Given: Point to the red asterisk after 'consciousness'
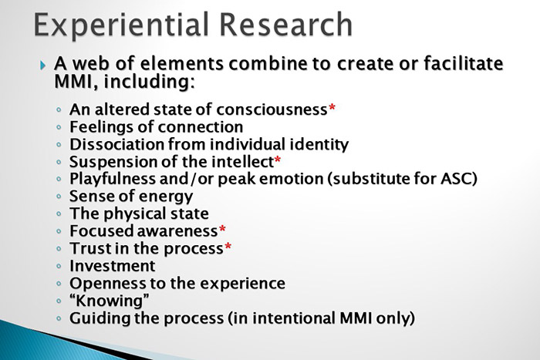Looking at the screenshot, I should (x=332, y=109).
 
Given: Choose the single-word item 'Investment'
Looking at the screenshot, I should (x=112, y=266).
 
